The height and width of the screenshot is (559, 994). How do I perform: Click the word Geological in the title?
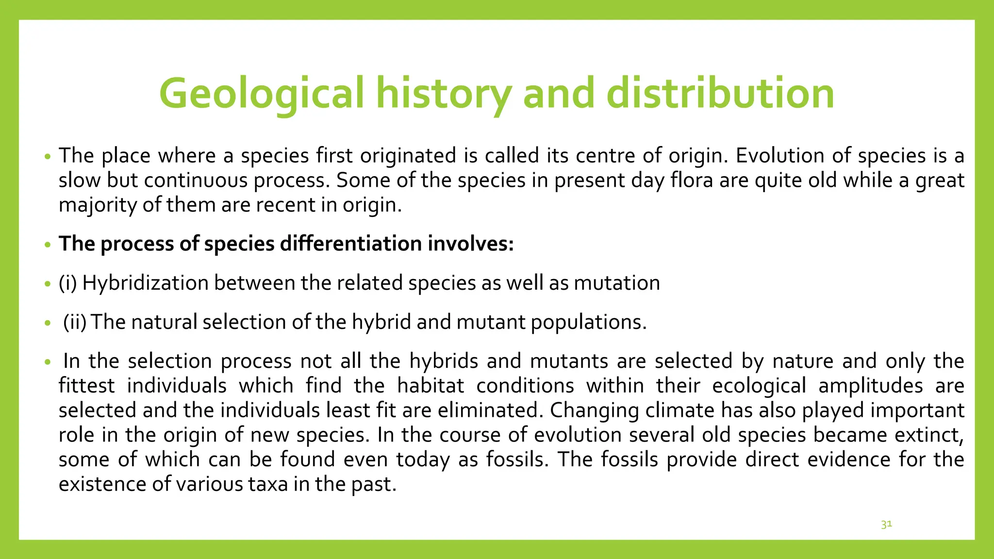tap(261, 93)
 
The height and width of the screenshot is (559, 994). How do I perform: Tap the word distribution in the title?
tap(720, 93)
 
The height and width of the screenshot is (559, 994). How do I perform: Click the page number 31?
tap(886, 525)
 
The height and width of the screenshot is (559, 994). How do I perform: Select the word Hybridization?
tap(145, 283)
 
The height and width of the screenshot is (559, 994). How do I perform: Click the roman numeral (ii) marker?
tap(75, 322)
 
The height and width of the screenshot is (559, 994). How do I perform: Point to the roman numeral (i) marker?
tap(68, 283)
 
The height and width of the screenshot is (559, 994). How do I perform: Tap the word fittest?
tap(86, 386)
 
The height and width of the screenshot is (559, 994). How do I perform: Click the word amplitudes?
tap(870, 386)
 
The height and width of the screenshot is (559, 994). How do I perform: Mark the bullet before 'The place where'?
tap(47, 157)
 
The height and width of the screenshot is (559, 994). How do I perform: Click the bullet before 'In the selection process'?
tap(47, 362)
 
